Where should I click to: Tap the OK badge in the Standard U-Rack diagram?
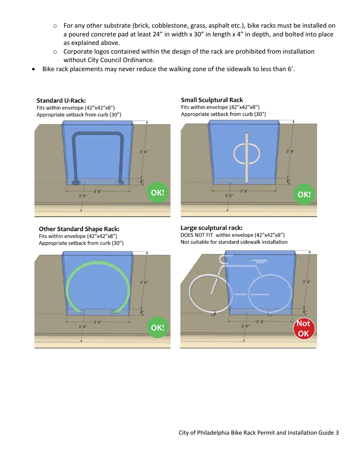[157, 192]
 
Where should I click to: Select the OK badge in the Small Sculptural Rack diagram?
[304, 195]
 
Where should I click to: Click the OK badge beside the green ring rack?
[157, 327]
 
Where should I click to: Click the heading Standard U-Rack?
[61, 100]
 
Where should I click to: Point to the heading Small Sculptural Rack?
[212, 100]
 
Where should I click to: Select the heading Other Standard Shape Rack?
[79, 229]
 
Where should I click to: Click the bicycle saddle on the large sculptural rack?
[258, 261]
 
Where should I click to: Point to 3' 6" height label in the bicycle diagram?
[307, 282]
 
